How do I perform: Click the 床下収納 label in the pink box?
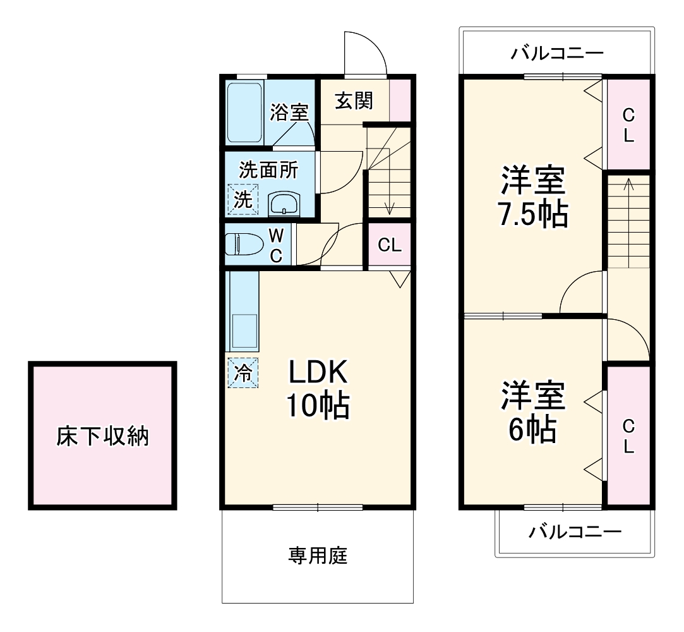102,435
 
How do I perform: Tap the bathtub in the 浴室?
244,112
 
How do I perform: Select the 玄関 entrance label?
353,100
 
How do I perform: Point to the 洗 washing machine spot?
243,199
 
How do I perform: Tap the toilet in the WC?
246,245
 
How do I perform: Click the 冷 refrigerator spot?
243,373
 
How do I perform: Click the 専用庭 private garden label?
318,556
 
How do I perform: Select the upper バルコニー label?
556,52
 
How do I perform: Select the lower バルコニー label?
575,532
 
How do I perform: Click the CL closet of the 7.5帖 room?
628,125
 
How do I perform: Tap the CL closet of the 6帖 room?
628,436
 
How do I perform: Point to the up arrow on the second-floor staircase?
628,185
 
